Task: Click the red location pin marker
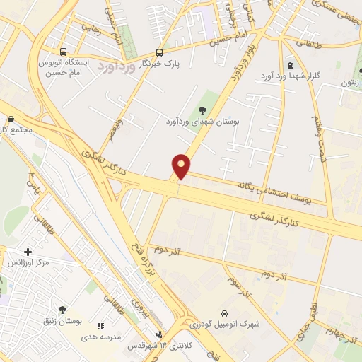pos(182,165)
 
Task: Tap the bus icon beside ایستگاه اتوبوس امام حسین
pos(64,52)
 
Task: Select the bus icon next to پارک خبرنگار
pos(159,52)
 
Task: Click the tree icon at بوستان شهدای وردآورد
pos(203,110)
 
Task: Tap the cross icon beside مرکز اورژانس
pos(28,252)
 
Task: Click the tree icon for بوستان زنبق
pos(62,310)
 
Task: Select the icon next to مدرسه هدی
pos(100,326)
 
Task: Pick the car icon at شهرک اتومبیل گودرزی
pos(223,313)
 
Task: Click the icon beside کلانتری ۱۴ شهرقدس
pos(159,334)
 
